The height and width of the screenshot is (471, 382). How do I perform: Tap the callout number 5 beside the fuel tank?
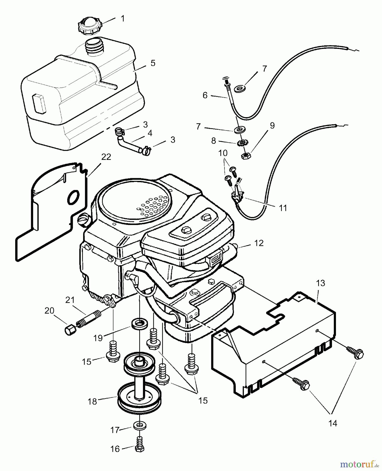coord(153,63)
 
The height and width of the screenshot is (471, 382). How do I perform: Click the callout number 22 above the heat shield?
coord(106,157)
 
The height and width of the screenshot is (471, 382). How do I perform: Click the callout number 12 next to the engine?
coord(259,243)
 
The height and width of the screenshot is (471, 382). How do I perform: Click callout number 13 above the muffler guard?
coord(321,283)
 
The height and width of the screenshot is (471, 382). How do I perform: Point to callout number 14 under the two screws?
coord(333,423)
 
